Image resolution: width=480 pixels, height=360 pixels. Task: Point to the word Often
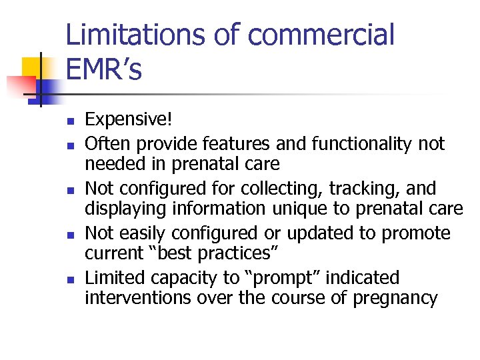pos(105,143)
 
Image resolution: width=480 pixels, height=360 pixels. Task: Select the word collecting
pos(307,189)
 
